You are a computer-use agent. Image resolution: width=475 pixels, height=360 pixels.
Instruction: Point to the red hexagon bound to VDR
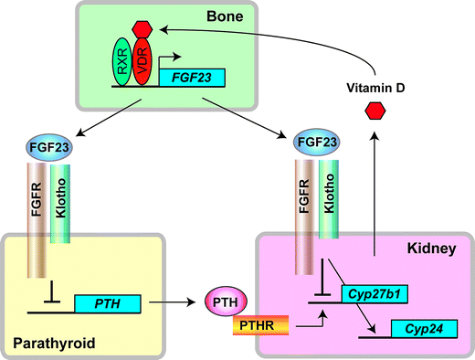[141, 28]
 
